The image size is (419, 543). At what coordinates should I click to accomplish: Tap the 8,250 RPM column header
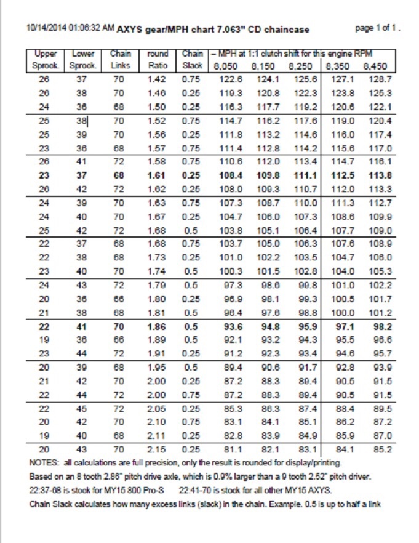click(x=301, y=66)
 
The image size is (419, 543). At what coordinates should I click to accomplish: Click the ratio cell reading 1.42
click(x=158, y=79)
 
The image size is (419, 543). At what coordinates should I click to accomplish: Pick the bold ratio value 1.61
click(x=158, y=175)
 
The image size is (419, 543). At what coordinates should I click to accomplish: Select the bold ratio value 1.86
click(x=158, y=326)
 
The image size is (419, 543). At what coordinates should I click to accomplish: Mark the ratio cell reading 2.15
click(x=158, y=449)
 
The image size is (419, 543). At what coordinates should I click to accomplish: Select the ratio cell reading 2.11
click(x=158, y=435)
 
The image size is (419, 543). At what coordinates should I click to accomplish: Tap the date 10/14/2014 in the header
click(x=47, y=28)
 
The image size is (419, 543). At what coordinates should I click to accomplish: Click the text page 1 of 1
click(x=378, y=28)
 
